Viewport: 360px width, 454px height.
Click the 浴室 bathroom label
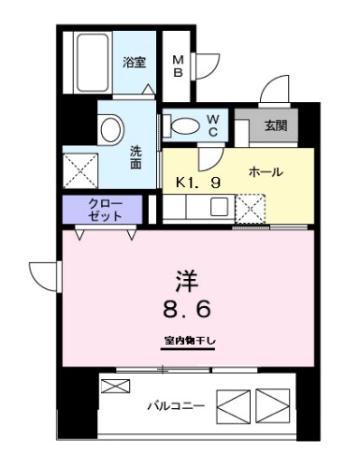point(134,63)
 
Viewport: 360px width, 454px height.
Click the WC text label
point(212,124)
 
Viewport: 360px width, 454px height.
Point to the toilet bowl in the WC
point(180,124)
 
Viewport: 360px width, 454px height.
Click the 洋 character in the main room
point(183,280)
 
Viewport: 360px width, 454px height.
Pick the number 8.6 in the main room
point(184,309)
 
